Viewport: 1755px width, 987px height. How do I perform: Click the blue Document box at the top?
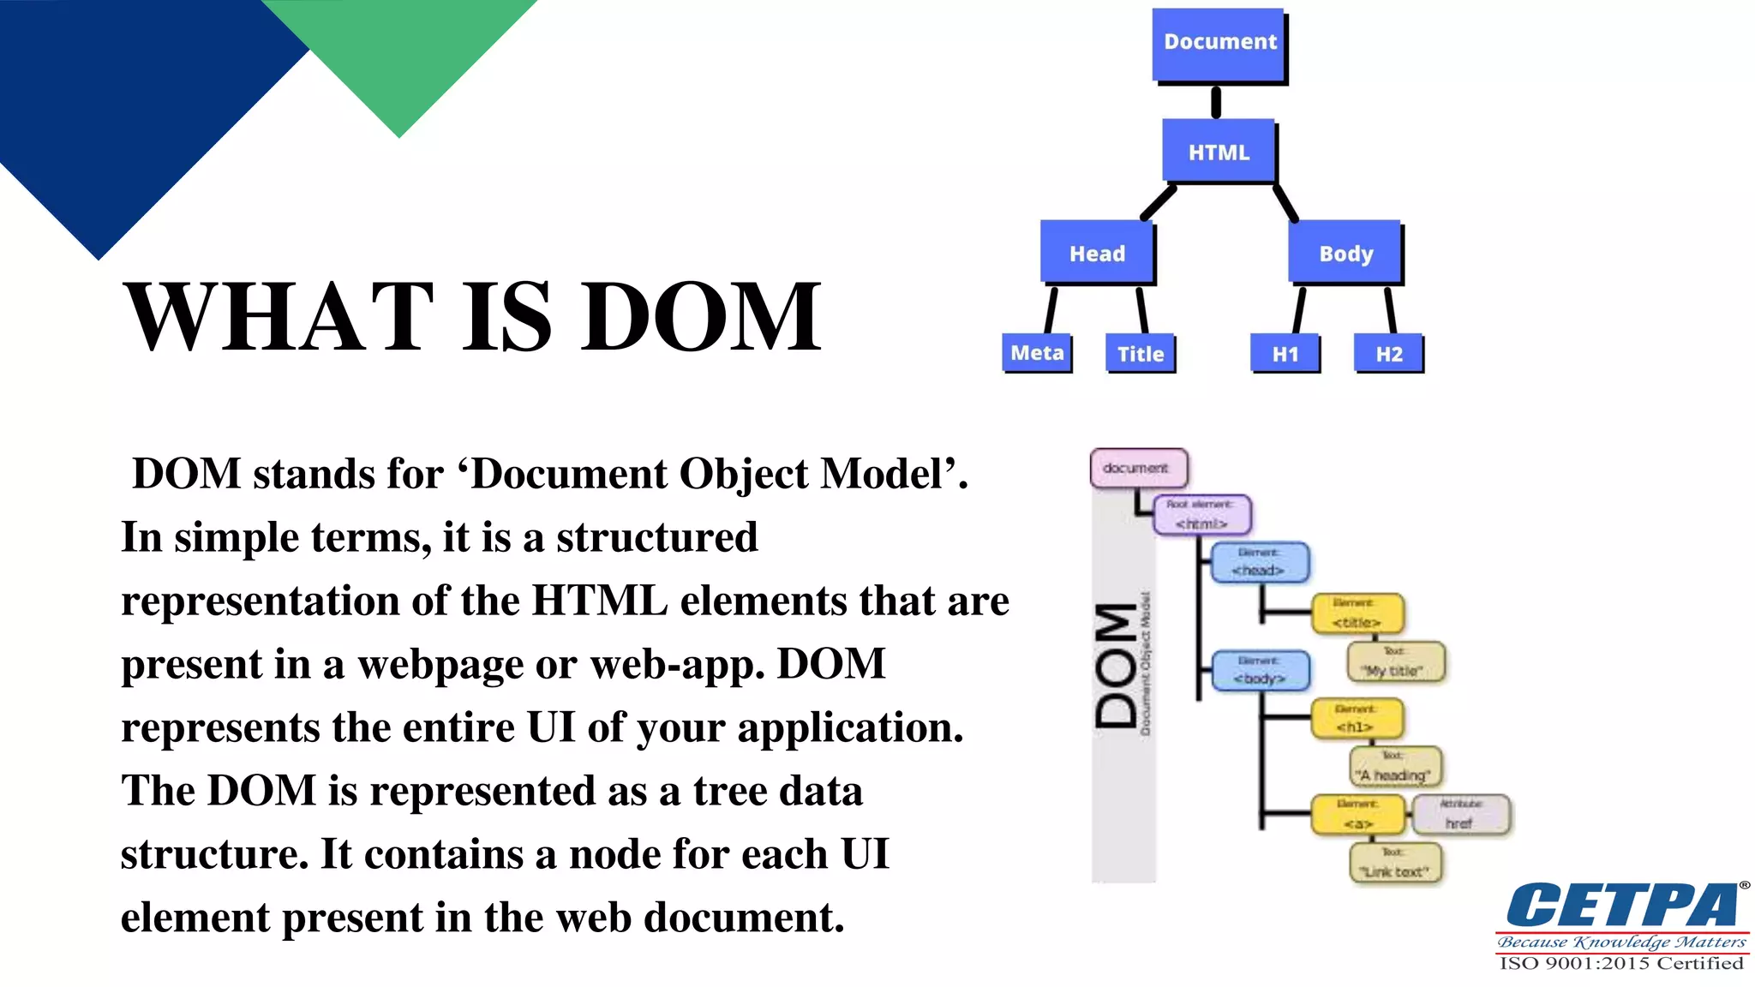pos(1219,43)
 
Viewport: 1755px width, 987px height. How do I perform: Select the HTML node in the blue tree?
pos(1219,152)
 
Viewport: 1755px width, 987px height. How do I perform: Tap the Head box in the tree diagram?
pos(1097,253)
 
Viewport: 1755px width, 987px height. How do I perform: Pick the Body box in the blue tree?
pos(1345,253)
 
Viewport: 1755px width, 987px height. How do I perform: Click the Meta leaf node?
pos(1037,353)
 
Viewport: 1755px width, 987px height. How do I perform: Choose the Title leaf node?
pos(1140,354)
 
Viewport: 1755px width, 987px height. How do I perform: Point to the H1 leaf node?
pos(1285,354)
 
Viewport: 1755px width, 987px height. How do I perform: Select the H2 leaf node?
pos(1388,354)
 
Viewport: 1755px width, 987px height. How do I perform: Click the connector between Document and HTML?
pos(1216,102)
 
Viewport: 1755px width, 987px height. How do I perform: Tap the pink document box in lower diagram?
pos(1138,468)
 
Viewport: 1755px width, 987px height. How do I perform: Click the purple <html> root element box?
pos(1201,515)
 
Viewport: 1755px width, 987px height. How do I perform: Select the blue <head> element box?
pos(1259,562)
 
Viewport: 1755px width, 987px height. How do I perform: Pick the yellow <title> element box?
pos(1357,613)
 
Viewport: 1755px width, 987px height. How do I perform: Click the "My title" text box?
pos(1395,662)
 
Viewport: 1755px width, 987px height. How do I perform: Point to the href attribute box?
pos(1460,814)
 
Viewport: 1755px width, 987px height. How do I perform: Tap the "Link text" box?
pos(1395,864)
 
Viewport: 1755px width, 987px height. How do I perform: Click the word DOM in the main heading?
pos(700,317)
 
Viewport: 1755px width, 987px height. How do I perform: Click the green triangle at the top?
pos(399,51)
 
